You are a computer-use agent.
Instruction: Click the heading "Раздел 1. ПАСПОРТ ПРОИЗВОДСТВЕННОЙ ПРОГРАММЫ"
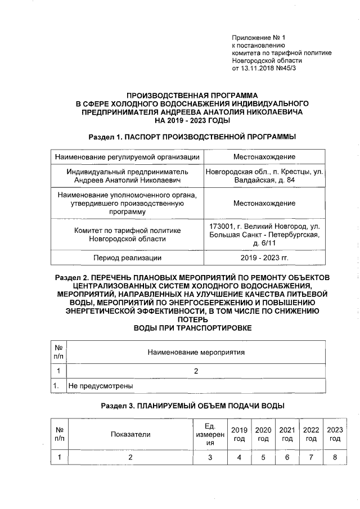[x=192, y=137]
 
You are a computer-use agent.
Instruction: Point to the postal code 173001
[x=222, y=226]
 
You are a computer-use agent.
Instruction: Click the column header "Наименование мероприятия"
[x=196, y=353]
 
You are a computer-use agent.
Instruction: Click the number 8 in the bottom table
[x=335, y=457]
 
